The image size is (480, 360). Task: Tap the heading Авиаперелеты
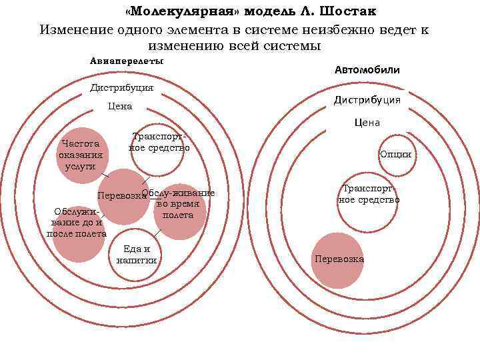pos(127,61)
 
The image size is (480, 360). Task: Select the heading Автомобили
pos(367,69)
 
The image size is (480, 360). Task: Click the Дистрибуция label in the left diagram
pos(121,87)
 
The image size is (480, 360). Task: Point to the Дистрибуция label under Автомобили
pos(367,100)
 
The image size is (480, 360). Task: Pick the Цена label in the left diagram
pos(120,107)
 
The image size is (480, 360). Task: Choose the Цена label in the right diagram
pos(367,123)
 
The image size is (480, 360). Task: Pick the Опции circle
pos(395,155)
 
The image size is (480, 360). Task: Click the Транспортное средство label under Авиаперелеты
pos(159,143)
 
